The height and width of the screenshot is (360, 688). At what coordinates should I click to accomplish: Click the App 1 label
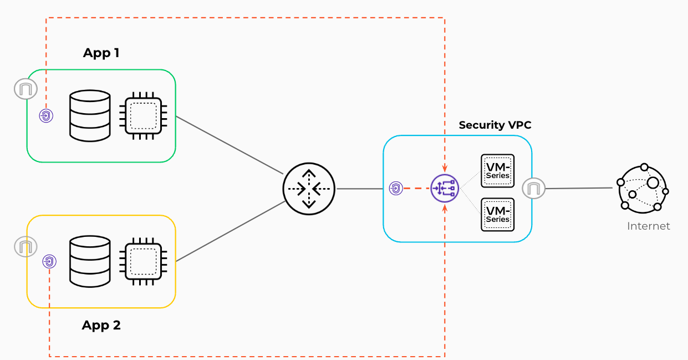[x=101, y=53]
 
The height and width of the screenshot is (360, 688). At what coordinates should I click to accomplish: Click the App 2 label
[x=101, y=326]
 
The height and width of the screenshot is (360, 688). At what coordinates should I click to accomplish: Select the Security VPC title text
[x=495, y=125]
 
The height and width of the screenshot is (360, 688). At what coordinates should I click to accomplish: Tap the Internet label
[x=648, y=226]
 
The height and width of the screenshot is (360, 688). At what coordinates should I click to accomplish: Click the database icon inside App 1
[x=90, y=116]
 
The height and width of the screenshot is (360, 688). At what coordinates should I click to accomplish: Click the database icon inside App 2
[x=90, y=262]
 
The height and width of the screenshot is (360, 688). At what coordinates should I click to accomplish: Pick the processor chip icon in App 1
[x=144, y=116]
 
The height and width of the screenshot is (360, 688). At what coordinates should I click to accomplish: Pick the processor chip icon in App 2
[x=144, y=262]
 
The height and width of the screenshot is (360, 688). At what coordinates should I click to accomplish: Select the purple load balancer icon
[x=445, y=189]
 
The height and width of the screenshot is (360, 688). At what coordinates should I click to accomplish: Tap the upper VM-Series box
[x=497, y=170]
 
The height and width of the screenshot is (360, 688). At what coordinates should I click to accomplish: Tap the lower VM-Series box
[x=497, y=214]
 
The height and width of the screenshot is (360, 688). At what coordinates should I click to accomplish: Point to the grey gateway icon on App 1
[x=26, y=89]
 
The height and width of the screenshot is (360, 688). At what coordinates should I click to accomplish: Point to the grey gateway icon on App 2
[x=26, y=246]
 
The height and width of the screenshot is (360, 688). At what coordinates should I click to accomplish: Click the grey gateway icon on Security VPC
[x=533, y=189]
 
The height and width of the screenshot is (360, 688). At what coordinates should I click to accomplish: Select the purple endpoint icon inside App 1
[x=47, y=116]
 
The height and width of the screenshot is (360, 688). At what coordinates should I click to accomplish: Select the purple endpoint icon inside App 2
[x=50, y=262]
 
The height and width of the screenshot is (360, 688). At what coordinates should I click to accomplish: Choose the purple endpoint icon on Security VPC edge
[x=395, y=189]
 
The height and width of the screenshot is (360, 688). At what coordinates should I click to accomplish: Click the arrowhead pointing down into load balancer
[x=445, y=168]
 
